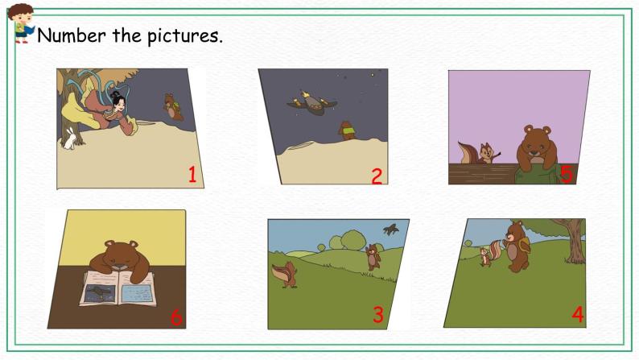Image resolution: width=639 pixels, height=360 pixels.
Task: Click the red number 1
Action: (x=192, y=174)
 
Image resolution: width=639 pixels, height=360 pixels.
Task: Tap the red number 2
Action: (x=377, y=176)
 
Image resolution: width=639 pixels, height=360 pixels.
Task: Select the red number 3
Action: (x=378, y=314)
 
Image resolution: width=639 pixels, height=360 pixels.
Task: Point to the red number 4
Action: (x=578, y=314)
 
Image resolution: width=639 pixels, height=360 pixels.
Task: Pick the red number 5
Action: (x=567, y=174)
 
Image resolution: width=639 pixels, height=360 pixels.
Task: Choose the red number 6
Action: (x=176, y=317)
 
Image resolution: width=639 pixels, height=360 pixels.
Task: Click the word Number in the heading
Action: (x=72, y=35)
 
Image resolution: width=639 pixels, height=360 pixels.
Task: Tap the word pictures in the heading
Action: (x=184, y=36)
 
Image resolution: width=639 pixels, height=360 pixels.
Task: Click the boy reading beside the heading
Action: (x=20, y=23)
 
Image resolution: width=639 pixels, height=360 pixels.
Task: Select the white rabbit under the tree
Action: (x=70, y=139)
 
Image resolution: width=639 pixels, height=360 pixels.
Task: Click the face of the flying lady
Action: (x=118, y=103)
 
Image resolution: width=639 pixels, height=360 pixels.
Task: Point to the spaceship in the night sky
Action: (x=311, y=103)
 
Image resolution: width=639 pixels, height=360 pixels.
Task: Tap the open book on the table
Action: (x=118, y=288)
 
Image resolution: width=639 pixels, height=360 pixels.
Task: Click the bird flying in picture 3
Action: (x=391, y=230)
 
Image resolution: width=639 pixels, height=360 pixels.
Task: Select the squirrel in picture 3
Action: (x=285, y=275)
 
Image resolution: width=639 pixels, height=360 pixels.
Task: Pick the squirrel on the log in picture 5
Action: (x=480, y=153)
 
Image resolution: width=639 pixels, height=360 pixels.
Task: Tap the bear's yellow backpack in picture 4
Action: (x=523, y=246)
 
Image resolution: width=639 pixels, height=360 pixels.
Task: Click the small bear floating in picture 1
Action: (x=173, y=107)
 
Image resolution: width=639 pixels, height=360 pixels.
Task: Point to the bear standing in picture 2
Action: (x=347, y=130)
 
